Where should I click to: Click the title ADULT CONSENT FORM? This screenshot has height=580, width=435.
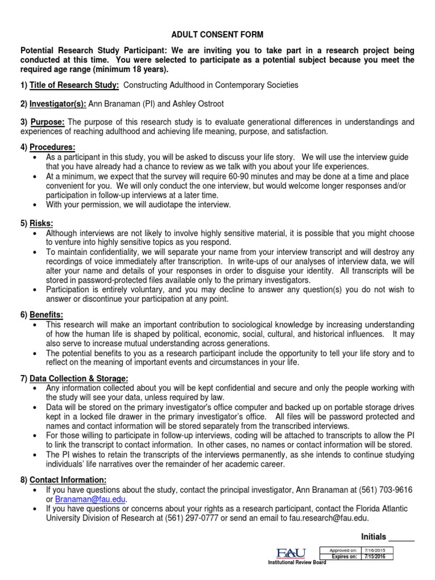click(x=217, y=35)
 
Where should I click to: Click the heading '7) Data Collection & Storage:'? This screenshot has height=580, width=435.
click(x=74, y=378)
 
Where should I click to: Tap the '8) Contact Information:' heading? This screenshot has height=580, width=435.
click(x=63, y=480)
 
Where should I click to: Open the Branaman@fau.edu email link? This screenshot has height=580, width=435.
click(x=91, y=499)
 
